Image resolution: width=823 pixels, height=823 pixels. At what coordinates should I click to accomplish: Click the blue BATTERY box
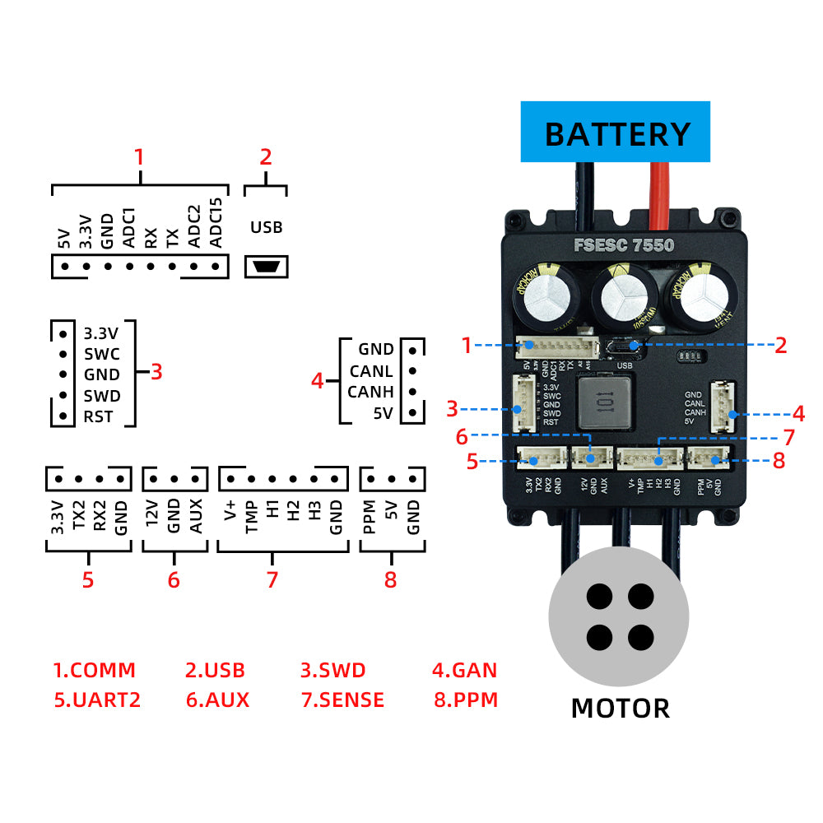coord(615,132)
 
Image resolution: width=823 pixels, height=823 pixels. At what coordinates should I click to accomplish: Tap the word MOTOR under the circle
coord(620,707)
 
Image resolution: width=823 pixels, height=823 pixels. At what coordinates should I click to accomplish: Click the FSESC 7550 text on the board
coord(624,245)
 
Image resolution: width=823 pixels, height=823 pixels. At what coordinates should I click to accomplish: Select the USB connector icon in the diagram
coord(266,267)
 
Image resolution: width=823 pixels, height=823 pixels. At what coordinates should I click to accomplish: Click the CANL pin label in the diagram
coord(371,371)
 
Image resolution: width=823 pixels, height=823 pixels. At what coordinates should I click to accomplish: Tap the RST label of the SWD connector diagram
coord(98,416)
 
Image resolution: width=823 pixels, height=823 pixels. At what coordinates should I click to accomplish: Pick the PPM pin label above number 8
coord(370,518)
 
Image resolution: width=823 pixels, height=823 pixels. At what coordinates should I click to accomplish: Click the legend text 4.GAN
coord(464,670)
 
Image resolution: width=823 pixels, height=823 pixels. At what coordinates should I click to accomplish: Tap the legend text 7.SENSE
coord(342,700)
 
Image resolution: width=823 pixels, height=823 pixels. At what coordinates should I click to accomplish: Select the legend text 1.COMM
coord(94,670)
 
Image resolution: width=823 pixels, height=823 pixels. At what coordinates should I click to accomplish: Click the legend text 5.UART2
coord(97,700)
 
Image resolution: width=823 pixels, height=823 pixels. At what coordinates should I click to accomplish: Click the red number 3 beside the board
coord(452,407)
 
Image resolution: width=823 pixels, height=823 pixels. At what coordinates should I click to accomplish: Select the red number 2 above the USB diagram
coord(265,157)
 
